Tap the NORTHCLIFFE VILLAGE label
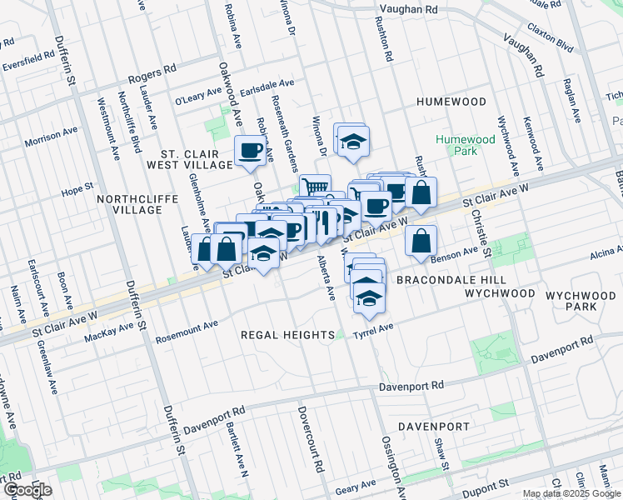pos(129,204)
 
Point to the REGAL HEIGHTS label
pos(287,334)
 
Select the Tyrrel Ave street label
pos(373,330)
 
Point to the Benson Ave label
pos(459,251)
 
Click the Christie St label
pos(476,226)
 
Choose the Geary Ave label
pos(356,485)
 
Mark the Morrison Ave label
pos(51,137)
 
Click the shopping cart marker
pos(315,187)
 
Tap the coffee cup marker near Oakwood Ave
pos(251,151)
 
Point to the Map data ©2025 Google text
pos(571,493)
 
